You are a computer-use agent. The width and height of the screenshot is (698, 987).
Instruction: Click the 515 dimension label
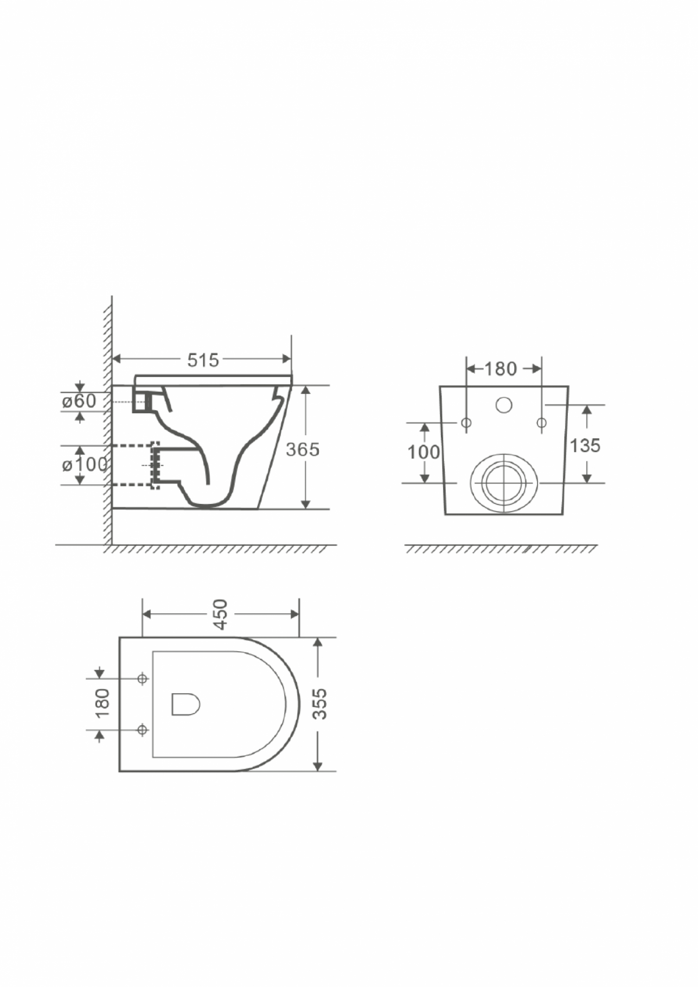click(x=203, y=360)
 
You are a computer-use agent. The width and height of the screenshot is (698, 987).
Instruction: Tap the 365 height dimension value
click(x=302, y=449)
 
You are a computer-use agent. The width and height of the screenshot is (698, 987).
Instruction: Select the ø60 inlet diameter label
click(x=79, y=401)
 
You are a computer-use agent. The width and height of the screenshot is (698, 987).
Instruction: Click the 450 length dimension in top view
click(x=220, y=614)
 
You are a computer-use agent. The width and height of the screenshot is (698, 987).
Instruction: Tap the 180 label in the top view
click(x=102, y=703)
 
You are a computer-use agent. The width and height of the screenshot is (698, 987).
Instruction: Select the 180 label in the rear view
click(x=500, y=369)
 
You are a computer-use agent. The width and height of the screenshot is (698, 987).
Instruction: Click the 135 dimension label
click(x=585, y=445)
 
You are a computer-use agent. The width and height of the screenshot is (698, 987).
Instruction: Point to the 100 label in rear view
click(x=423, y=452)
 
